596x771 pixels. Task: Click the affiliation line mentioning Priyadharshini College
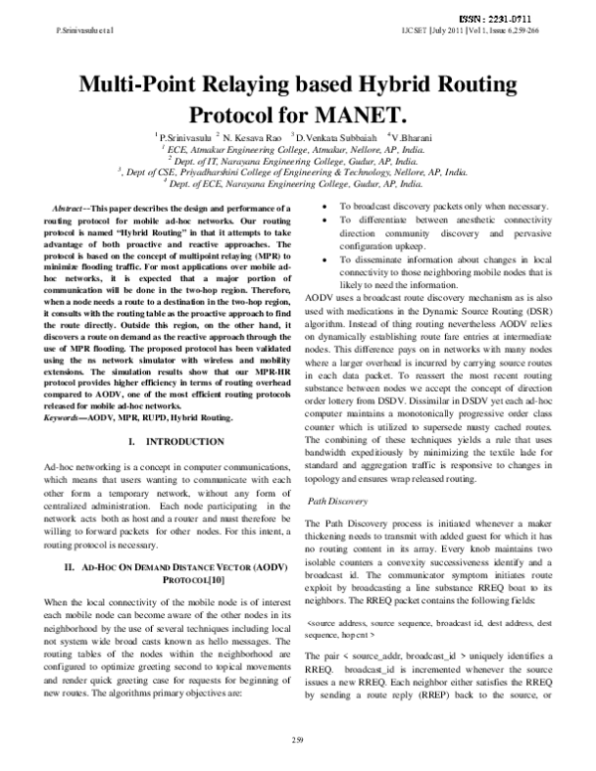click(295, 170)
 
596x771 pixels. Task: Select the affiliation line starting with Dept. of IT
click(297, 157)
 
